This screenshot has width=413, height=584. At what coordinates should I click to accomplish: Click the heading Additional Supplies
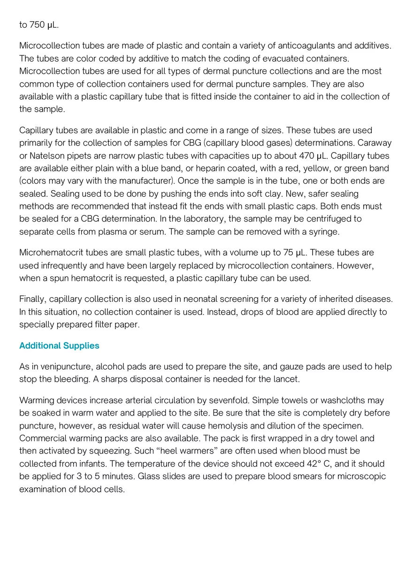[x=59, y=346]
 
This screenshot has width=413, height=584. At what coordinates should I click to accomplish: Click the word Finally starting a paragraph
[x=32, y=299]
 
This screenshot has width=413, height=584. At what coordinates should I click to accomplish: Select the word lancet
[x=286, y=379]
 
